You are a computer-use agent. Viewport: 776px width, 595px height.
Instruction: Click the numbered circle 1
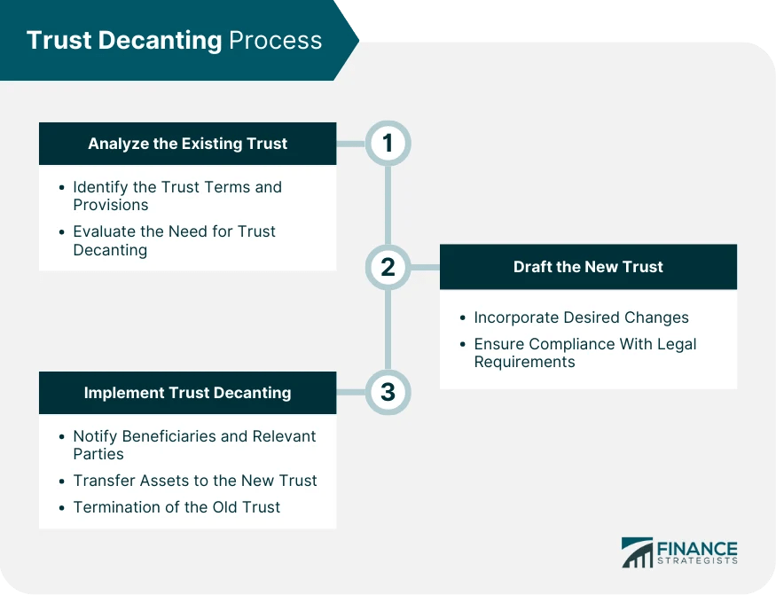coord(388,143)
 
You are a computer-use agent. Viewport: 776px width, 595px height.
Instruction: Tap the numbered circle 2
coord(388,267)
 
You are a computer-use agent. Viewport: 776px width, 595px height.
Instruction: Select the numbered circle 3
coord(388,392)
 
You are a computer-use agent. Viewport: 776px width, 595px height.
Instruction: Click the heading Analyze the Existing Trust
coord(187,144)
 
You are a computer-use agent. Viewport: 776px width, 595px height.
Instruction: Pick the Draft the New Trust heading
coord(588,267)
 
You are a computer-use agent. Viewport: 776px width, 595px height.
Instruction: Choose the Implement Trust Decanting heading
coord(187,392)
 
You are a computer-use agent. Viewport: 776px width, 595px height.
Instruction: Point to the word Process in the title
coord(276,41)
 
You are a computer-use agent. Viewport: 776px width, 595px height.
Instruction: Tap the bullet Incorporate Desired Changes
coord(581,317)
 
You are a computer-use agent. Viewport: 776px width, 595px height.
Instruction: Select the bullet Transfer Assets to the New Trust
coord(195,481)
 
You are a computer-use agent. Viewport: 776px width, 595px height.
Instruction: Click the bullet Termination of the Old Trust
coord(176,507)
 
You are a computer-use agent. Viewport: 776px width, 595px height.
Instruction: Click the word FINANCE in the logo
coord(697,549)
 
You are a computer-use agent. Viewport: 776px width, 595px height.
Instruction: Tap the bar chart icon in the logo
coord(637,552)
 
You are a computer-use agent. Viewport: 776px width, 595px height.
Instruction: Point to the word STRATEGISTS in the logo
coord(697,562)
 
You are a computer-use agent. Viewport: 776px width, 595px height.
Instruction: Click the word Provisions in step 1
coord(111,205)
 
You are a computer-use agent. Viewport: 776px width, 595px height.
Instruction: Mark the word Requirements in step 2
coord(524,362)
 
